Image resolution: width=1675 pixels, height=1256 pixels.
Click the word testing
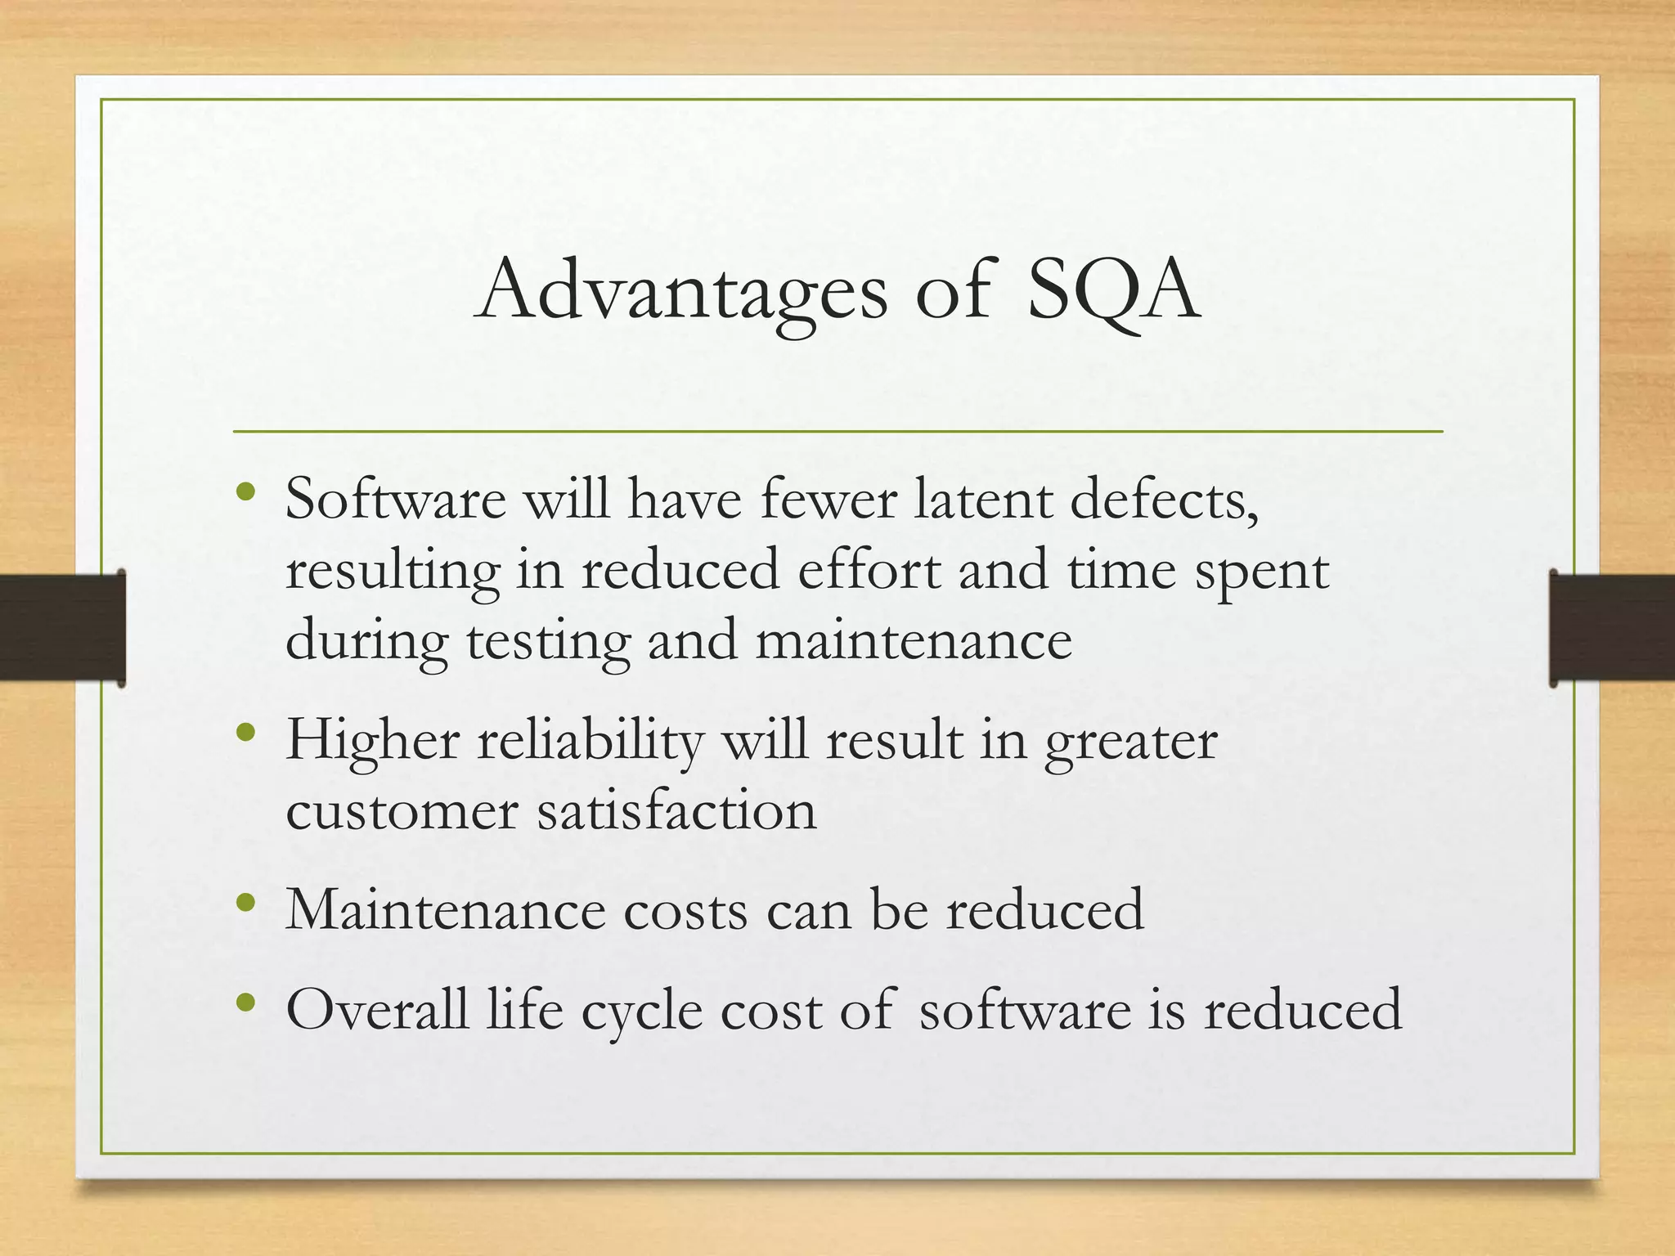(548, 640)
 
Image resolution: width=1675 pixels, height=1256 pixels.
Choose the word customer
(402, 812)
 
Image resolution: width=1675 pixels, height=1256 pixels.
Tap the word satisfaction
(676, 812)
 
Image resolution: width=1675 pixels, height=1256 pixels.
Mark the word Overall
(377, 1008)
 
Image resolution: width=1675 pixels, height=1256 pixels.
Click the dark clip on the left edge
(62, 628)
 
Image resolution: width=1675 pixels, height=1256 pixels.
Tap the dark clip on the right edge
(1611, 628)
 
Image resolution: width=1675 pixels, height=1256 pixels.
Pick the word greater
(1131, 742)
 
